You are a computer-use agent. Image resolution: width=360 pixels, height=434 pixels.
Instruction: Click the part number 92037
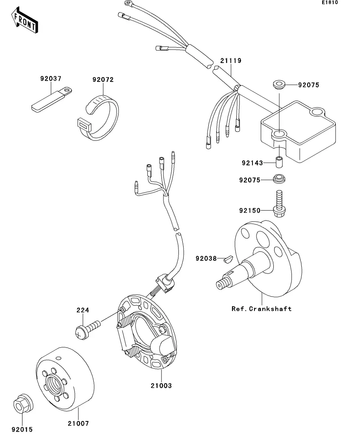(x=51, y=78)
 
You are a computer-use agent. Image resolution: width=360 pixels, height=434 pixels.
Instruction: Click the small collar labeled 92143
(x=279, y=162)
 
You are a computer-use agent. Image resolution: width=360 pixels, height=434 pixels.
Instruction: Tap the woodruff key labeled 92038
(x=228, y=259)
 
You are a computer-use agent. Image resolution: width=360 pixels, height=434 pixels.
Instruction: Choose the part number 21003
(x=161, y=386)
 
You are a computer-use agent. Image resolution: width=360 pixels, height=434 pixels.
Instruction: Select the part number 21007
(x=78, y=423)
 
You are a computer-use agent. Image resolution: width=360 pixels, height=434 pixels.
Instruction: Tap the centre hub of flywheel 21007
(x=55, y=383)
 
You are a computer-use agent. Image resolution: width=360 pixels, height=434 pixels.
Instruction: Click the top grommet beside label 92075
(x=279, y=84)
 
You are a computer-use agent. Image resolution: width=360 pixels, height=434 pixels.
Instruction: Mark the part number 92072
(x=103, y=79)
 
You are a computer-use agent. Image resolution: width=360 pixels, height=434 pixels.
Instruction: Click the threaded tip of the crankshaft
(x=222, y=284)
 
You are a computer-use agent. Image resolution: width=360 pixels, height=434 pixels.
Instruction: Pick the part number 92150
(x=250, y=211)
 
